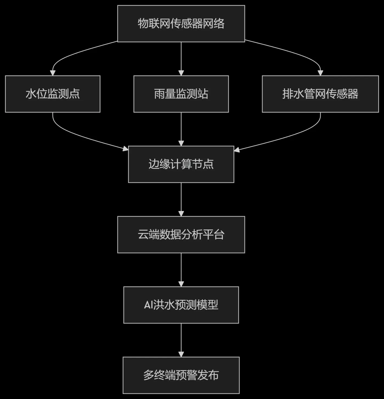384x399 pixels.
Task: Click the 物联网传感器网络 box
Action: pos(181,24)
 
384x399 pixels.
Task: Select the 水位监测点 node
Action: pos(53,94)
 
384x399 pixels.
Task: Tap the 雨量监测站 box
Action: pos(181,94)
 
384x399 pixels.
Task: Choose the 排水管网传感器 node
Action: pos(320,94)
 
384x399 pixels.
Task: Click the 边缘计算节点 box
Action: pos(181,164)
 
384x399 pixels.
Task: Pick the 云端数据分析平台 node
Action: pos(181,235)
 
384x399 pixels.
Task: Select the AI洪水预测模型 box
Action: pos(181,305)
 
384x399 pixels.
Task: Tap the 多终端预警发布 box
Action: pos(181,375)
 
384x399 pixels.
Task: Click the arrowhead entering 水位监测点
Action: pos(53,73)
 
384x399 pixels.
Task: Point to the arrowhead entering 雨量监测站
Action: pos(181,73)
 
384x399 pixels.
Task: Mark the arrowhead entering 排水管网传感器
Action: pos(320,73)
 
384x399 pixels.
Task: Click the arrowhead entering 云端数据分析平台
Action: pos(181,214)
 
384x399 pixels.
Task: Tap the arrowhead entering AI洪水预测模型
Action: pos(181,284)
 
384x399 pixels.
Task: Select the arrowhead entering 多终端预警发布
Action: pos(181,354)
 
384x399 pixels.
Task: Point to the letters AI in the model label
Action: pos(148,305)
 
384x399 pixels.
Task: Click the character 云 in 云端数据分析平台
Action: pos(143,235)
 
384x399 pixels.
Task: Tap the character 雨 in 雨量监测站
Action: pos(159,94)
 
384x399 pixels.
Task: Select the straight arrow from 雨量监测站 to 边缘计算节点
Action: pos(181,129)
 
